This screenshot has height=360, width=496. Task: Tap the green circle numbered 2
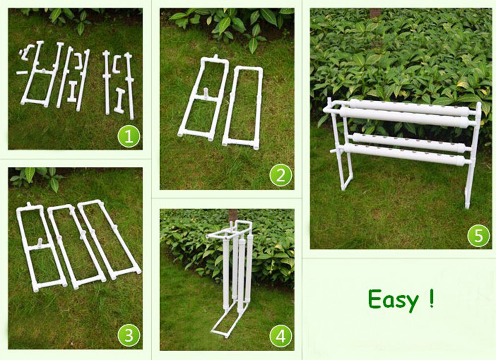(x=280, y=176)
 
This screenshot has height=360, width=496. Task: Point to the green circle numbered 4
(x=281, y=337)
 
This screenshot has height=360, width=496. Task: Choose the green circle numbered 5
(x=478, y=236)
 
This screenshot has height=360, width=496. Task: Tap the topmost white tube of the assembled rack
(x=407, y=106)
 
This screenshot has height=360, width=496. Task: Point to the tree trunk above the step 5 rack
(x=375, y=13)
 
